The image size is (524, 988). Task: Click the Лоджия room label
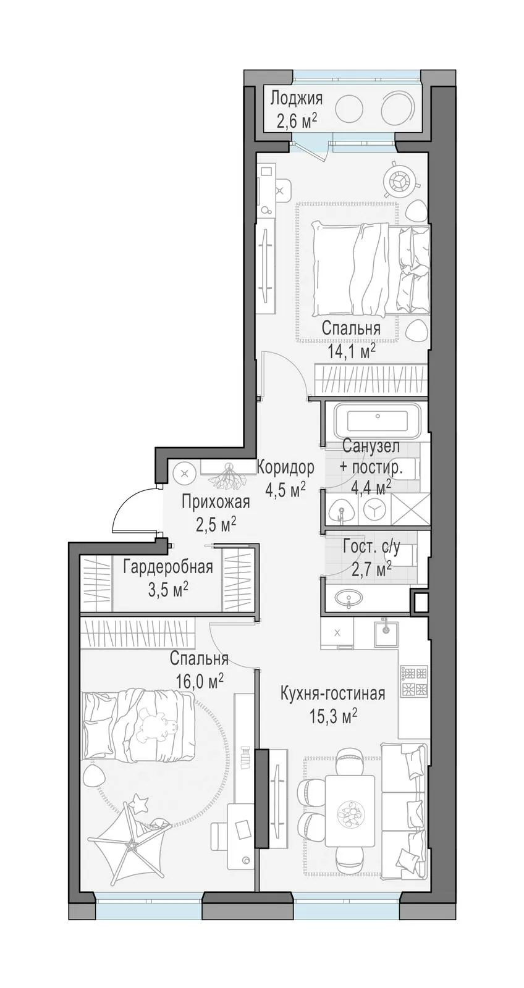coord(296,98)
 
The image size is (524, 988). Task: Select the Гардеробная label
coord(168,567)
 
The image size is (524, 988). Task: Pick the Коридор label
coord(285,467)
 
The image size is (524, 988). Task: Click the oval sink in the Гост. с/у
coord(349,598)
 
